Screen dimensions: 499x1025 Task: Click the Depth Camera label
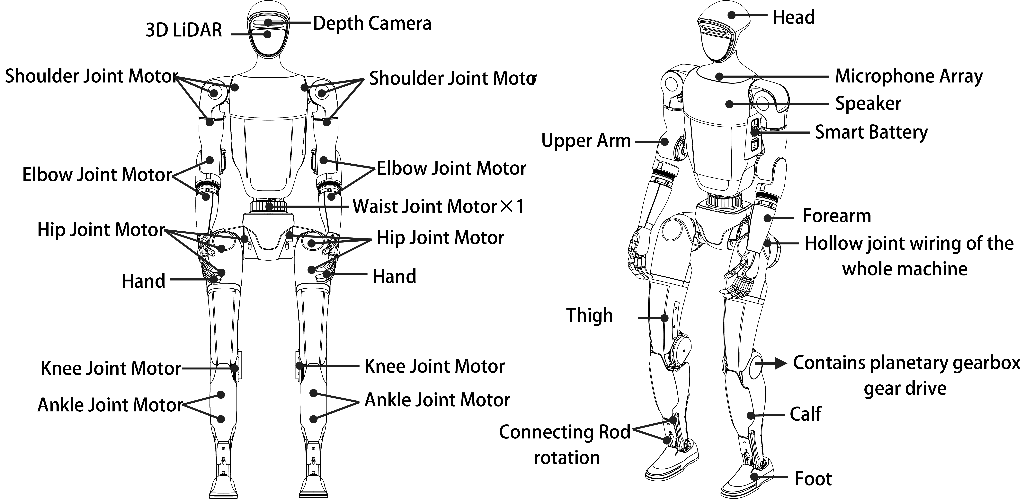tap(372, 23)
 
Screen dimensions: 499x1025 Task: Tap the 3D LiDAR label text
tap(184, 30)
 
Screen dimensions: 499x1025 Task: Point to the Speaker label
tap(868, 104)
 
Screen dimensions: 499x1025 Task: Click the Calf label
tap(805, 414)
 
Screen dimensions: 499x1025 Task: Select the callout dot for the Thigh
tap(664, 318)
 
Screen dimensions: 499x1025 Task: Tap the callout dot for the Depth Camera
tap(268, 23)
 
